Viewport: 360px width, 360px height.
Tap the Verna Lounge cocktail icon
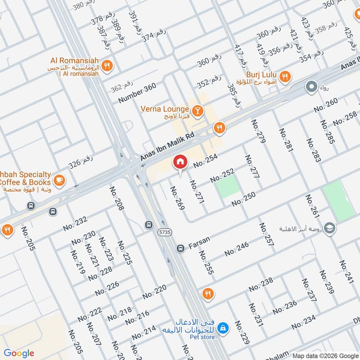tap(197, 110)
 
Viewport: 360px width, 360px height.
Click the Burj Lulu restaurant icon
tap(284, 77)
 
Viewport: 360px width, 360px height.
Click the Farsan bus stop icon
tap(180, 248)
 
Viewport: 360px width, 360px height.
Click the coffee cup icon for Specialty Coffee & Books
tap(58, 180)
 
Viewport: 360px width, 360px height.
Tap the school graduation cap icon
tap(329, 229)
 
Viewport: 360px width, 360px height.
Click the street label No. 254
tap(206, 161)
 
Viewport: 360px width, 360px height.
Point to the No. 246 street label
tap(236, 249)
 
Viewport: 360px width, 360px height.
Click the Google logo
tap(19, 353)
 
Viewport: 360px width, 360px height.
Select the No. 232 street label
tap(75, 224)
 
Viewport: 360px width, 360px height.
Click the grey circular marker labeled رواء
tap(311, 87)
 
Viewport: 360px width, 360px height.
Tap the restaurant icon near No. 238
tap(207, 294)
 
